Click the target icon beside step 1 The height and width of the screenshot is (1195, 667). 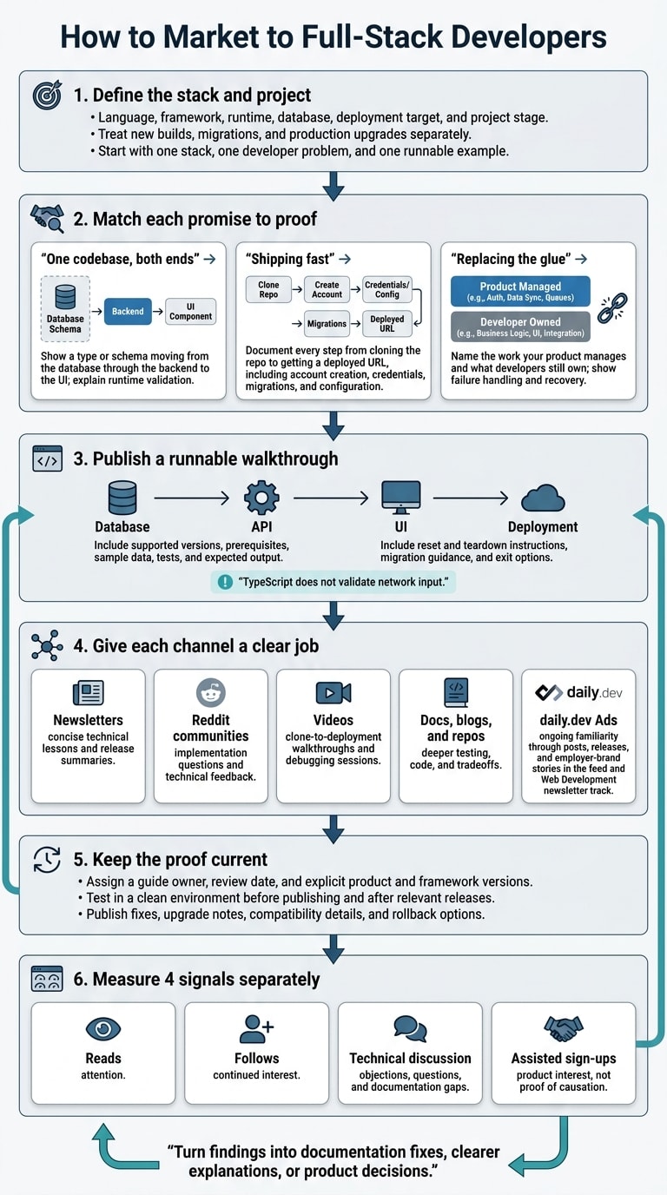coord(47,95)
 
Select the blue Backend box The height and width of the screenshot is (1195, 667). coord(128,312)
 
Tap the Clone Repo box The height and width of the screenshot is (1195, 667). coord(268,290)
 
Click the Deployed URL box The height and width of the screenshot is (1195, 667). coord(386,323)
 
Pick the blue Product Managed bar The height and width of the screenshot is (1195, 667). coord(520,291)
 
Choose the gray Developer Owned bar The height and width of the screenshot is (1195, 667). coord(520,327)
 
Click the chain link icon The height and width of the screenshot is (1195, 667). coord(612,308)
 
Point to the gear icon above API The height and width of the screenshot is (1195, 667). coord(261,498)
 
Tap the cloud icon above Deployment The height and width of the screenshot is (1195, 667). coord(543,498)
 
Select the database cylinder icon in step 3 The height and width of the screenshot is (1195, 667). coord(122,498)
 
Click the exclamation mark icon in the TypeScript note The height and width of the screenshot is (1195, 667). coord(225,582)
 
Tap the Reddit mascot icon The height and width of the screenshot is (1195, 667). coord(211,692)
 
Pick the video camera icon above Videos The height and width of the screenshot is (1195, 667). coord(333,693)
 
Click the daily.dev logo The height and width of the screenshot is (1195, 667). coord(578,692)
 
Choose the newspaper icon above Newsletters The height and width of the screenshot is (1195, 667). coord(88,693)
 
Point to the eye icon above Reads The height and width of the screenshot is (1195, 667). coord(103,1028)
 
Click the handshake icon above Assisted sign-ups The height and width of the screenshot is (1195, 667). coord(564,1028)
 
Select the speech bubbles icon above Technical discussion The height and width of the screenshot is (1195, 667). coord(410,1028)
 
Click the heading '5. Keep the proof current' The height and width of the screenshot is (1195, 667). coord(170,860)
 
